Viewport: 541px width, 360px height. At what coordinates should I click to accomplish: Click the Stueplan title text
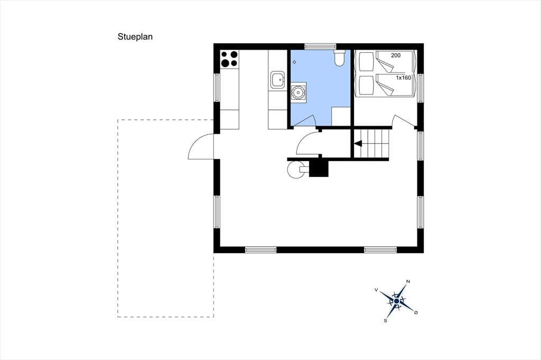tap(135, 37)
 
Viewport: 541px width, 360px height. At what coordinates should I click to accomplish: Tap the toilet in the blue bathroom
tap(340, 58)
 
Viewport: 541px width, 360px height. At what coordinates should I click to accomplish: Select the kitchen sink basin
tap(277, 80)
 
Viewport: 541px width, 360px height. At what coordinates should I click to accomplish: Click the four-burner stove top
tap(229, 59)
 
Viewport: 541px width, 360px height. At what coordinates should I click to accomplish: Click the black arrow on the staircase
tap(358, 143)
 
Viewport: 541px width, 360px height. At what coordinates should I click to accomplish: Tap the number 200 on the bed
tap(396, 55)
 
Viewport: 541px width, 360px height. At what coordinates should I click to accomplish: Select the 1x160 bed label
tap(403, 78)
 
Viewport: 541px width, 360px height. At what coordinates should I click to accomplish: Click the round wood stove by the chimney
tap(296, 169)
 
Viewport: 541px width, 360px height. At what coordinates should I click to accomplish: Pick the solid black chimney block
tap(319, 168)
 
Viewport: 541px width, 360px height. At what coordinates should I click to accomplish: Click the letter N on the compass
tap(408, 281)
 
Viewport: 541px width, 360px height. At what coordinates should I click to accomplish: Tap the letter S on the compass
tap(385, 321)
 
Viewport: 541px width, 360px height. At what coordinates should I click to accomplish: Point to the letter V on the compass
tap(376, 290)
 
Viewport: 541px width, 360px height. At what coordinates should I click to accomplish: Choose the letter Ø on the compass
tap(416, 312)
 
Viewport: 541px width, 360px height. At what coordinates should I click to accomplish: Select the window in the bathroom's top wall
tap(320, 46)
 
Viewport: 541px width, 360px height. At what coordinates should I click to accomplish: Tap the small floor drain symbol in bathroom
tap(294, 62)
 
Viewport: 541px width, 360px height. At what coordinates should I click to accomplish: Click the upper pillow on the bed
tap(366, 62)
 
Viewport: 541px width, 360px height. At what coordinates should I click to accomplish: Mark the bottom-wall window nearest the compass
tap(380, 250)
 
